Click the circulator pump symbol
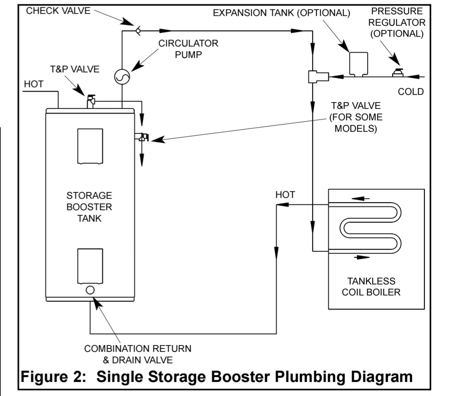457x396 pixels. [122, 77]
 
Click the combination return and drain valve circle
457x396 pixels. [90, 290]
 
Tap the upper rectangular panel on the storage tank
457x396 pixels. [90, 145]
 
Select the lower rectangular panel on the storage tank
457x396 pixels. [90, 266]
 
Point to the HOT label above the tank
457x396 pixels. [33, 84]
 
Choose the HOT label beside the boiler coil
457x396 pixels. [285, 195]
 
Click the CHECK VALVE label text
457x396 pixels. [58, 11]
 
